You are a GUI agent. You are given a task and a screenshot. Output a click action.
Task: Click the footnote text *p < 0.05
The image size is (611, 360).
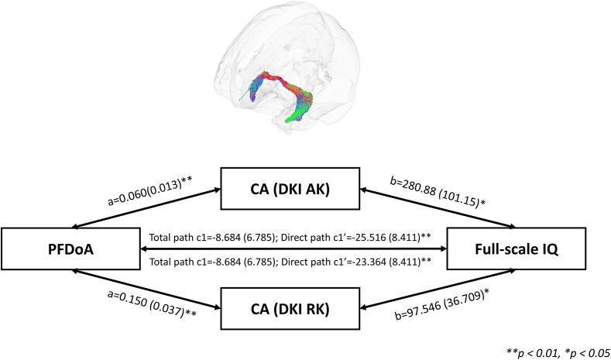(580, 352)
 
